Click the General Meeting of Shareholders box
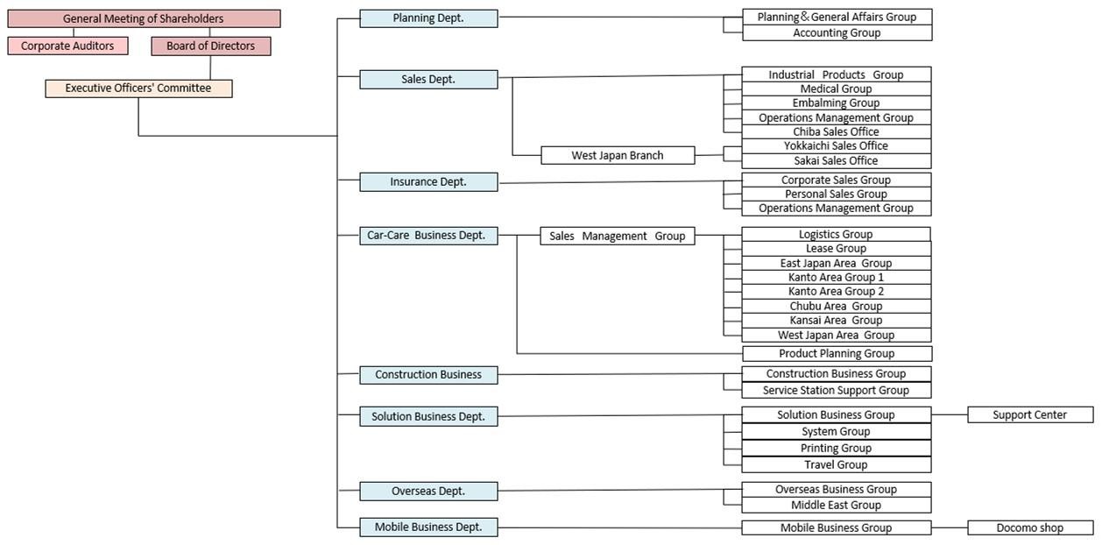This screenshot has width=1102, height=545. click(x=144, y=18)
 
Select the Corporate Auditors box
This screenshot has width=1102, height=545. click(x=67, y=46)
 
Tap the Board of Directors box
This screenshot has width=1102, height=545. click(x=210, y=46)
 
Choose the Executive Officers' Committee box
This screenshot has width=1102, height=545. click(x=138, y=88)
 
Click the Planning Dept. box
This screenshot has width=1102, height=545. click(x=428, y=18)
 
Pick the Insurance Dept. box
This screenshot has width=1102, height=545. click(x=428, y=181)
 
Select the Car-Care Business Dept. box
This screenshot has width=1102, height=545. click(x=428, y=235)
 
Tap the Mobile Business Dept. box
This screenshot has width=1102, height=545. click(x=428, y=527)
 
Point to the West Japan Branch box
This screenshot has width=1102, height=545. click(x=618, y=155)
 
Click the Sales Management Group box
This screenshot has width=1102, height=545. click(x=618, y=236)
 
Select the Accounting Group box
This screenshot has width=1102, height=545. click(x=837, y=32)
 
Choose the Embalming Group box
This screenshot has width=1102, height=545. click(x=837, y=103)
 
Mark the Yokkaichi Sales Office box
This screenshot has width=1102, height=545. click(x=837, y=145)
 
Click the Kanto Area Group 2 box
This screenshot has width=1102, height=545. click(x=837, y=291)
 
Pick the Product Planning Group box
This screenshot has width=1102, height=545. click(x=837, y=353)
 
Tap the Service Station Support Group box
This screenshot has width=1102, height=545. click(x=837, y=390)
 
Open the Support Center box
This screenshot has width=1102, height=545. click(x=1030, y=414)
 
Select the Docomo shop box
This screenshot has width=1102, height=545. click(x=1030, y=527)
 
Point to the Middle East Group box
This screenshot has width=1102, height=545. click(x=837, y=505)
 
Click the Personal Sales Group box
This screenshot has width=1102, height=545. click(x=837, y=194)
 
